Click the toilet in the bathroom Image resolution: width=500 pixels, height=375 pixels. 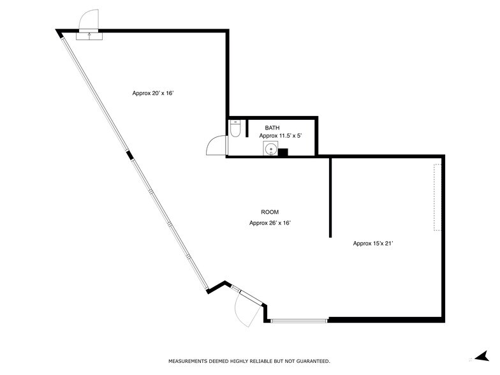click(235, 129)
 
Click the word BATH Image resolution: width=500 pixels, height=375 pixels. click(272, 128)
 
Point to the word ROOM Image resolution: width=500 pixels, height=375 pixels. click(270, 212)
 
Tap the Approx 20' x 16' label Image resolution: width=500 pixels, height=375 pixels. click(153, 93)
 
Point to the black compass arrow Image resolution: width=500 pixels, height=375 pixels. click(482, 356)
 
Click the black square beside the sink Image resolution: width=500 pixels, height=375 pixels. click(283, 152)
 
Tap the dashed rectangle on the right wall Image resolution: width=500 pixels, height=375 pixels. click(437, 198)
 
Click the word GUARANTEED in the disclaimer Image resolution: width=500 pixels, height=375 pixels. click(309, 361)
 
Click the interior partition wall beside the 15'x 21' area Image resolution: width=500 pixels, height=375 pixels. click(330, 198)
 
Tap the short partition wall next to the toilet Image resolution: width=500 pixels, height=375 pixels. click(247, 127)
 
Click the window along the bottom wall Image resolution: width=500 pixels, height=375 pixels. click(298, 320)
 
